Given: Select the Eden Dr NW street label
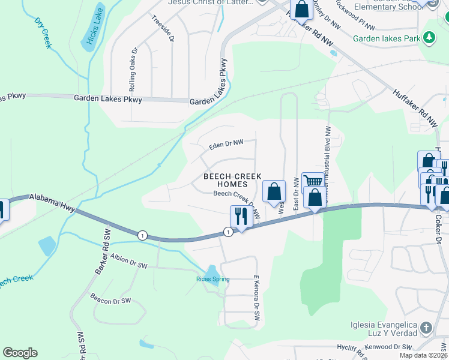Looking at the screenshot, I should tap(226, 145).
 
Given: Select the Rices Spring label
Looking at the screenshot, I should tap(212, 279).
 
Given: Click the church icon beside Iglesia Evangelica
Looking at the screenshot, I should tap(426, 328).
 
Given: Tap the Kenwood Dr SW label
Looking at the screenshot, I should tap(388, 347).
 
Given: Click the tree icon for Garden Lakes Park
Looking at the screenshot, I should tap(429, 38).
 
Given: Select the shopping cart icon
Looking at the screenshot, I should tap(313, 181).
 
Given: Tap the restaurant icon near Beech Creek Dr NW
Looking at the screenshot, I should tap(240, 215).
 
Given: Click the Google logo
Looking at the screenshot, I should tap(20, 353).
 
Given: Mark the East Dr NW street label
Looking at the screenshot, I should tap(296, 193).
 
